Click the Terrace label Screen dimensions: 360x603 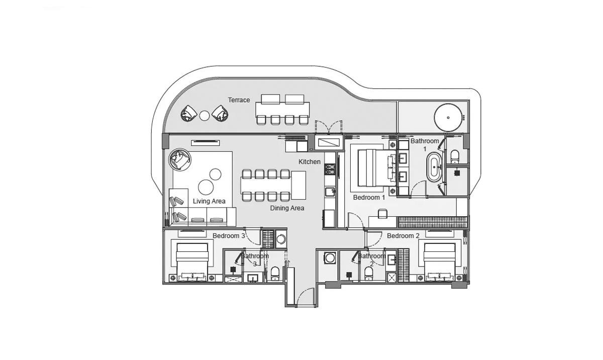[239, 100]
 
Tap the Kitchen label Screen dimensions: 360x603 [310, 162]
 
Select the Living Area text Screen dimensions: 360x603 [209, 201]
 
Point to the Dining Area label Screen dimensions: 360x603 [287, 208]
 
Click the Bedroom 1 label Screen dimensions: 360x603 [369, 198]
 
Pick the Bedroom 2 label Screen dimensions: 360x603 [403, 236]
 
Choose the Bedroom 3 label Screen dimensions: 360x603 [229, 236]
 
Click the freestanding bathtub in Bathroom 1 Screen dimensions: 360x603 [434, 168]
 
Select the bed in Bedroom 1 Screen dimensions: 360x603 [372, 167]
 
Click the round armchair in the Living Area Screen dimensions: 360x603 [179, 160]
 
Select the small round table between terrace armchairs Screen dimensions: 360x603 [204, 116]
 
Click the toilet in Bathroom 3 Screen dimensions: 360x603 [275, 273]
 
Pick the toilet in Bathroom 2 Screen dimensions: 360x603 [368, 273]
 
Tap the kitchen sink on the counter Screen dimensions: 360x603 [329, 192]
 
